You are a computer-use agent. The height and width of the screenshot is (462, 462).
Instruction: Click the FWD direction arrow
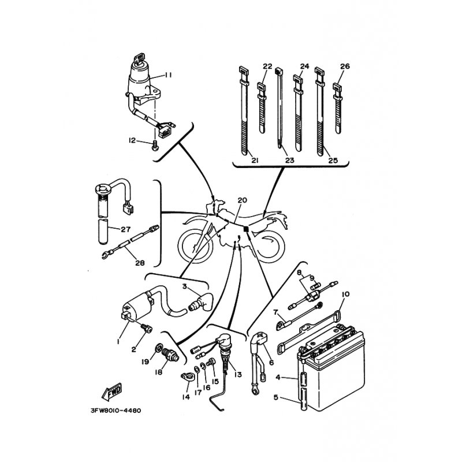111,392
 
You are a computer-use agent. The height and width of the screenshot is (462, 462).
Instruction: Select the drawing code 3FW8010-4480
116,411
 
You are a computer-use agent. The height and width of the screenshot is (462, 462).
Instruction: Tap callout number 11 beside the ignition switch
168,75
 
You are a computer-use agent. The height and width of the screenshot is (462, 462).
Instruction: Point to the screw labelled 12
155,146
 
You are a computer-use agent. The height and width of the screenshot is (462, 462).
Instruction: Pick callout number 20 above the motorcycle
242,200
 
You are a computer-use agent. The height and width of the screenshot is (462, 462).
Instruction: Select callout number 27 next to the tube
125,229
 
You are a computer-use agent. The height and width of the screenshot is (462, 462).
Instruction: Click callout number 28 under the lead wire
140,263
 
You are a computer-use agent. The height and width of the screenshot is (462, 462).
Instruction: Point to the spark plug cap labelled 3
200,303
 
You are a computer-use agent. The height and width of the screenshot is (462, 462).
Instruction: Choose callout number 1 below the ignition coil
118,341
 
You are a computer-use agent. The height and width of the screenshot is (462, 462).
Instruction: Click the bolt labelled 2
146,328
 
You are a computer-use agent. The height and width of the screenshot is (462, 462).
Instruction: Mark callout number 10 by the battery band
345,295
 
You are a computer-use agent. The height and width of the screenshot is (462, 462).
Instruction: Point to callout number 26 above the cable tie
345,66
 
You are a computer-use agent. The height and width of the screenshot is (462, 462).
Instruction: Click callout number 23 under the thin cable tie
290,161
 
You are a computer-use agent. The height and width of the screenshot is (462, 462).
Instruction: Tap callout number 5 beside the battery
276,397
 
